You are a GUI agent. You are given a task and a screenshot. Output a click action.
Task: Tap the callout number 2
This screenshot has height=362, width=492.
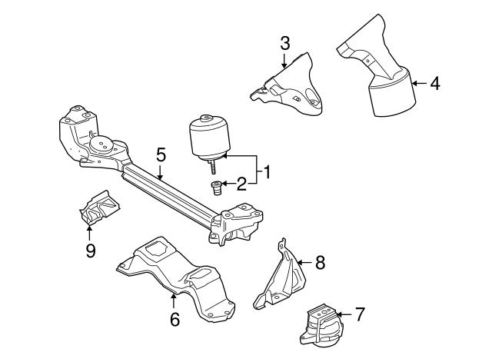coord(241,183)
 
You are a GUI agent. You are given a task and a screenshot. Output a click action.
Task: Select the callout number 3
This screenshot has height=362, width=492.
coord(284,43)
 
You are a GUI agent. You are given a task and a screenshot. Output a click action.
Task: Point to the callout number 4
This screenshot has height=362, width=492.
coord(435,82)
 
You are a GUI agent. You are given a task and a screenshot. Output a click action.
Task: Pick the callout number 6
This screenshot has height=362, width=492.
coord(175,318)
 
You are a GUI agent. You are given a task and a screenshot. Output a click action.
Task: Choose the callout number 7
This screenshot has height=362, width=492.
coord(359,314)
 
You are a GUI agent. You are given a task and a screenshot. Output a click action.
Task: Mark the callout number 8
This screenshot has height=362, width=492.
coord(320,262)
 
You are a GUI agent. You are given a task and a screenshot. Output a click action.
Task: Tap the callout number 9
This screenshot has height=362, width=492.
coord(90,251)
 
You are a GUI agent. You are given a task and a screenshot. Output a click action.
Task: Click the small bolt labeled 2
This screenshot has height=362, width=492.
coord(217,187)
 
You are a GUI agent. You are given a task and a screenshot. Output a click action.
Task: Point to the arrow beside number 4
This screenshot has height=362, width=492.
coord(420,82)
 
